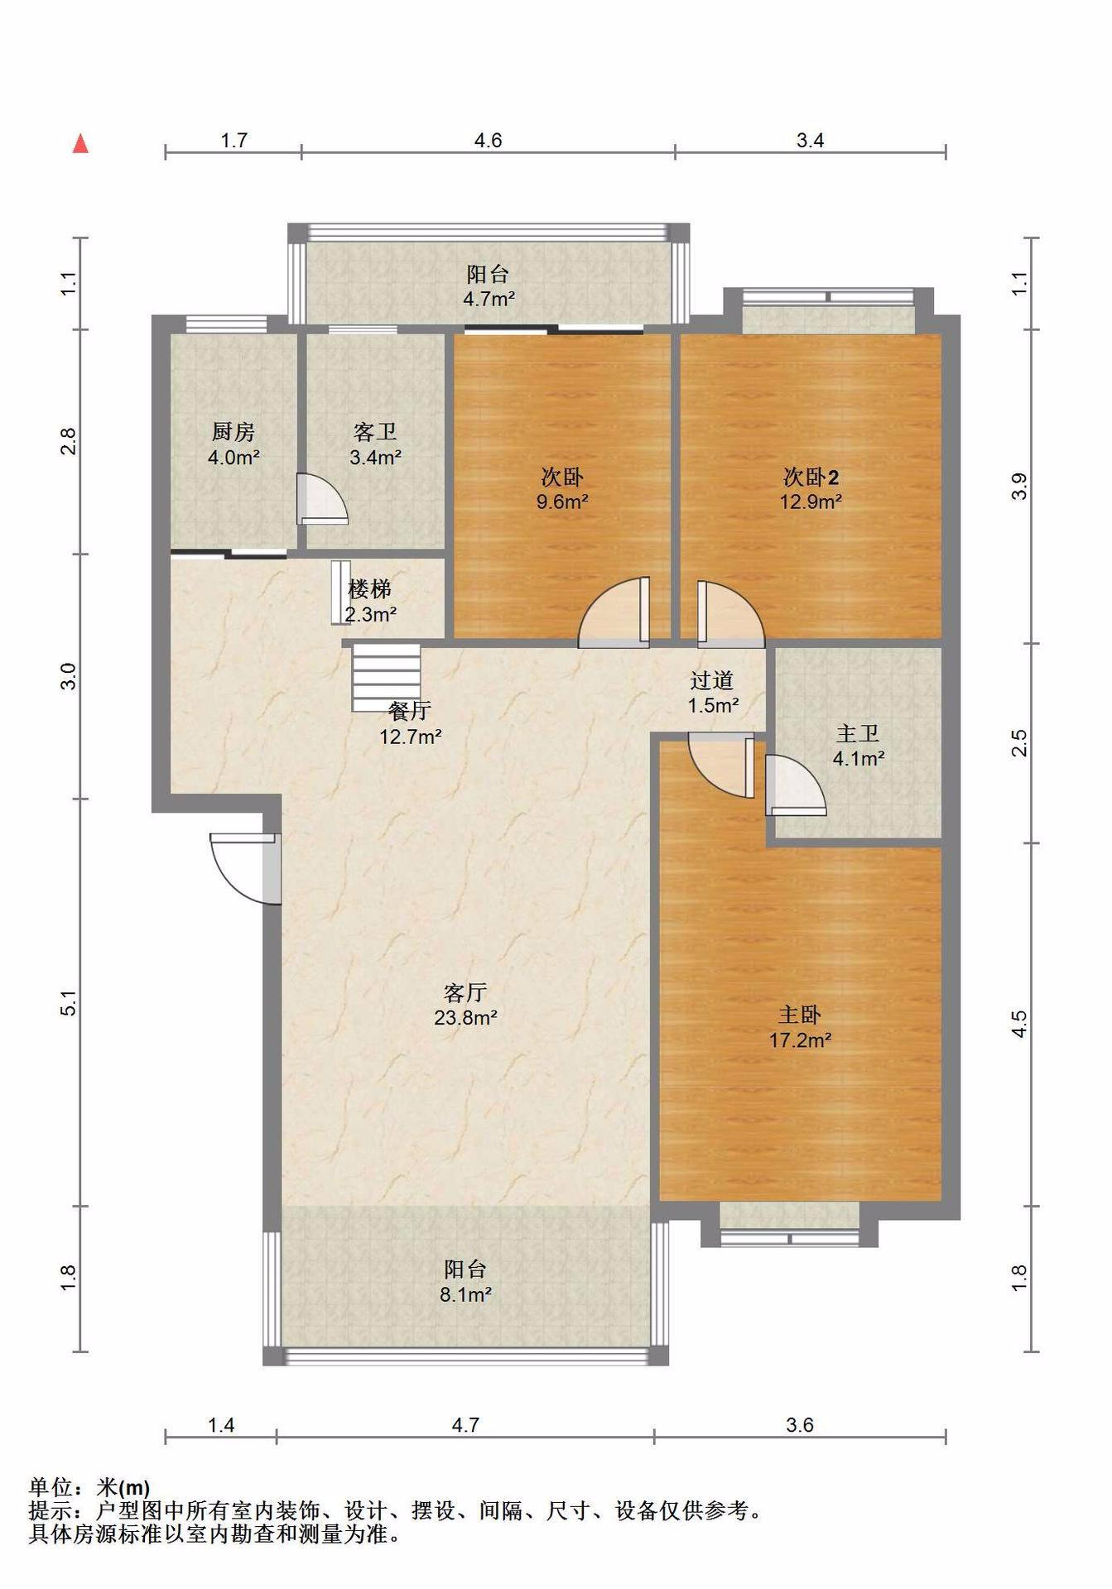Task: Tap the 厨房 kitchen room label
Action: coord(233,431)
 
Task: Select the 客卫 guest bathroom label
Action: coord(375,431)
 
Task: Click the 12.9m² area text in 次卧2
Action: coord(811,501)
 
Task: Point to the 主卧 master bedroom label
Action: coord(800,1015)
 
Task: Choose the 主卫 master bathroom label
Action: coord(858,733)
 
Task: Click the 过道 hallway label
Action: coord(712,680)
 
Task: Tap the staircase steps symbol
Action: coord(386,678)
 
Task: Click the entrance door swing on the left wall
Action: coord(245,869)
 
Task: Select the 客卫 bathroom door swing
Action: coord(321,499)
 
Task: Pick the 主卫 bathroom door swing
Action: coord(795,785)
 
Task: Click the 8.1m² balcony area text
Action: coord(465,1294)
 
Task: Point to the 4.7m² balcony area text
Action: coord(489,299)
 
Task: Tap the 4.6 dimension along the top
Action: coord(488,141)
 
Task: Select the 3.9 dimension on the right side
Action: coord(1019,486)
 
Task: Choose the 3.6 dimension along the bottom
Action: coord(800,1425)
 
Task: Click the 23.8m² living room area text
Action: coord(465,1017)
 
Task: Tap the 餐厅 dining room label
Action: coord(410,710)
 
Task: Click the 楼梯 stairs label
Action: coord(369,589)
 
